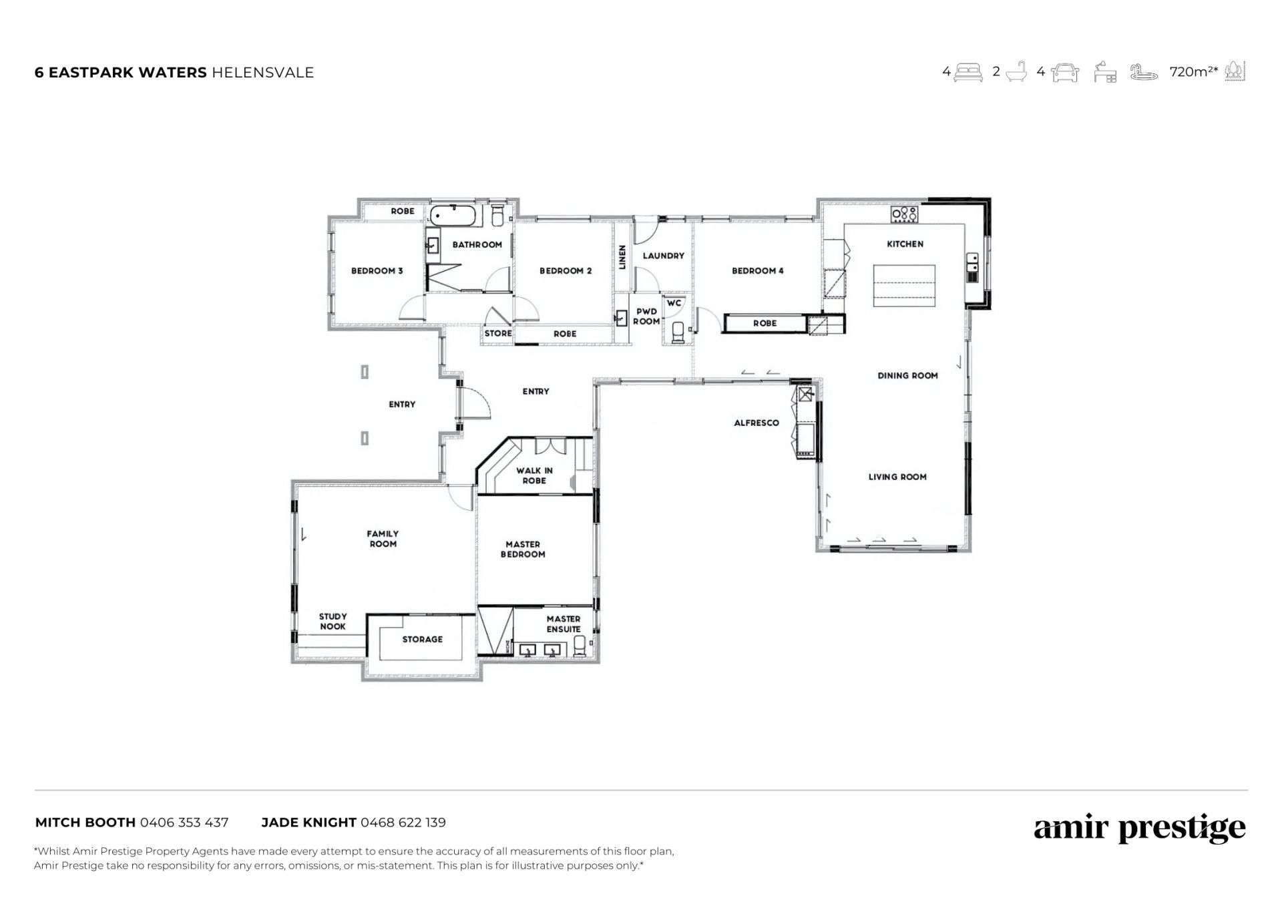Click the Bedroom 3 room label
point(377,270)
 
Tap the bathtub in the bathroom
point(454,215)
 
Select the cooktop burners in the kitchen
point(905,214)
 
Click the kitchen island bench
point(904,286)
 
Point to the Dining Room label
point(907,375)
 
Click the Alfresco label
point(757,423)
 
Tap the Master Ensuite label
point(564,624)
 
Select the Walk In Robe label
point(534,475)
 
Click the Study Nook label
point(333,621)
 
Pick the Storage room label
point(422,639)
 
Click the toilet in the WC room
point(678,332)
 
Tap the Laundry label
point(663,255)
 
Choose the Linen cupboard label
point(622,257)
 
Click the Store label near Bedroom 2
point(498,333)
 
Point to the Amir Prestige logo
point(1140,829)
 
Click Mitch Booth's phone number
point(184,822)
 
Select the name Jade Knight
point(308,822)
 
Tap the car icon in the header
point(1065,72)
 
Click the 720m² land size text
point(1194,71)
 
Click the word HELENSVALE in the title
point(262,72)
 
